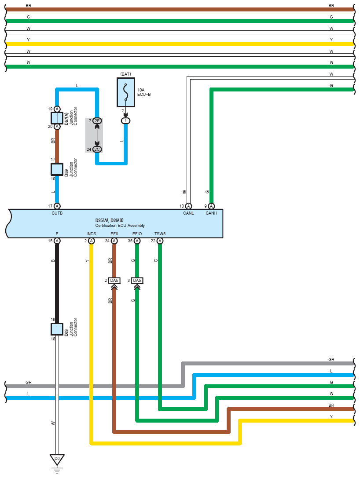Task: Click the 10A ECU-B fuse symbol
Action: (126, 92)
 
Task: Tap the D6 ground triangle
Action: (57, 460)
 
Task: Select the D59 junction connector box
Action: (57, 169)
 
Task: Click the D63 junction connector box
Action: (57, 329)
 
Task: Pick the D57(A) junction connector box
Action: (57, 118)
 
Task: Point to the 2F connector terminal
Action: (97, 121)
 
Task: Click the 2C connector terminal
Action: (97, 150)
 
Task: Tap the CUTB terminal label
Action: (57, 213)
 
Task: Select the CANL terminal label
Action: (188, 213)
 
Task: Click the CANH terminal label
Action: (211, 213)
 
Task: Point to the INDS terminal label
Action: (91, 234)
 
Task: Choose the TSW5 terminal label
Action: (160, 234)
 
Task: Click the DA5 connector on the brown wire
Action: (114, 281)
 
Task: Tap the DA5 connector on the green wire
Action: (137, 281)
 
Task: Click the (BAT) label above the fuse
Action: (126, 74)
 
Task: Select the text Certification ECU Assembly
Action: (120, 226)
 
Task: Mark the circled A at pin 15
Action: (57, 241)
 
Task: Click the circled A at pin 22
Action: (160, 241)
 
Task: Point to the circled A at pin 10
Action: (188, 206)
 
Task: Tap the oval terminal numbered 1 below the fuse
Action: (126, 121)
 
